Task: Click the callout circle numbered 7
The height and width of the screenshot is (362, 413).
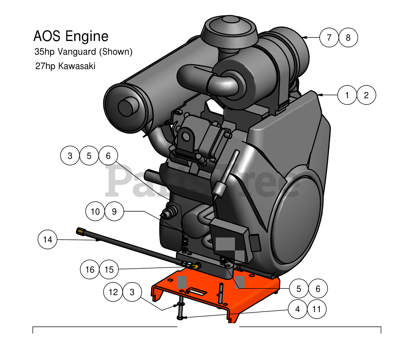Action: tap(329, 37)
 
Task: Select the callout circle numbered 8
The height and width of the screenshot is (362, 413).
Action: tap(348, 37)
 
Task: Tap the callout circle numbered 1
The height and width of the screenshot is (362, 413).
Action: tap(347, 95)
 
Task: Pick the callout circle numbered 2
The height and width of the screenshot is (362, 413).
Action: tap(366, 95)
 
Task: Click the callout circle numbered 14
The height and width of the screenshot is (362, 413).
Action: tap(48, 240)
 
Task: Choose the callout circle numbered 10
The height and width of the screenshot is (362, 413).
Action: tap(95, 212)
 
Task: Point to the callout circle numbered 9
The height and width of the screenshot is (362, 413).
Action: tap(114, 212)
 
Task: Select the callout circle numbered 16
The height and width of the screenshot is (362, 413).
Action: tap(90, 270)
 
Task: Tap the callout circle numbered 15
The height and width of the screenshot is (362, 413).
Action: tap(109, 270)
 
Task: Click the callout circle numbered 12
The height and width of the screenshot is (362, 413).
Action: tap(113, 292)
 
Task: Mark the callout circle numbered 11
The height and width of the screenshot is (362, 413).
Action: tap(317, 309)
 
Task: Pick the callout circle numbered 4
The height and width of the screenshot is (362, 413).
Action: tap(298, 309)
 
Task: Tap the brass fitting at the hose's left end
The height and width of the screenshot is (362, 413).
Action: tap(80, 231)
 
